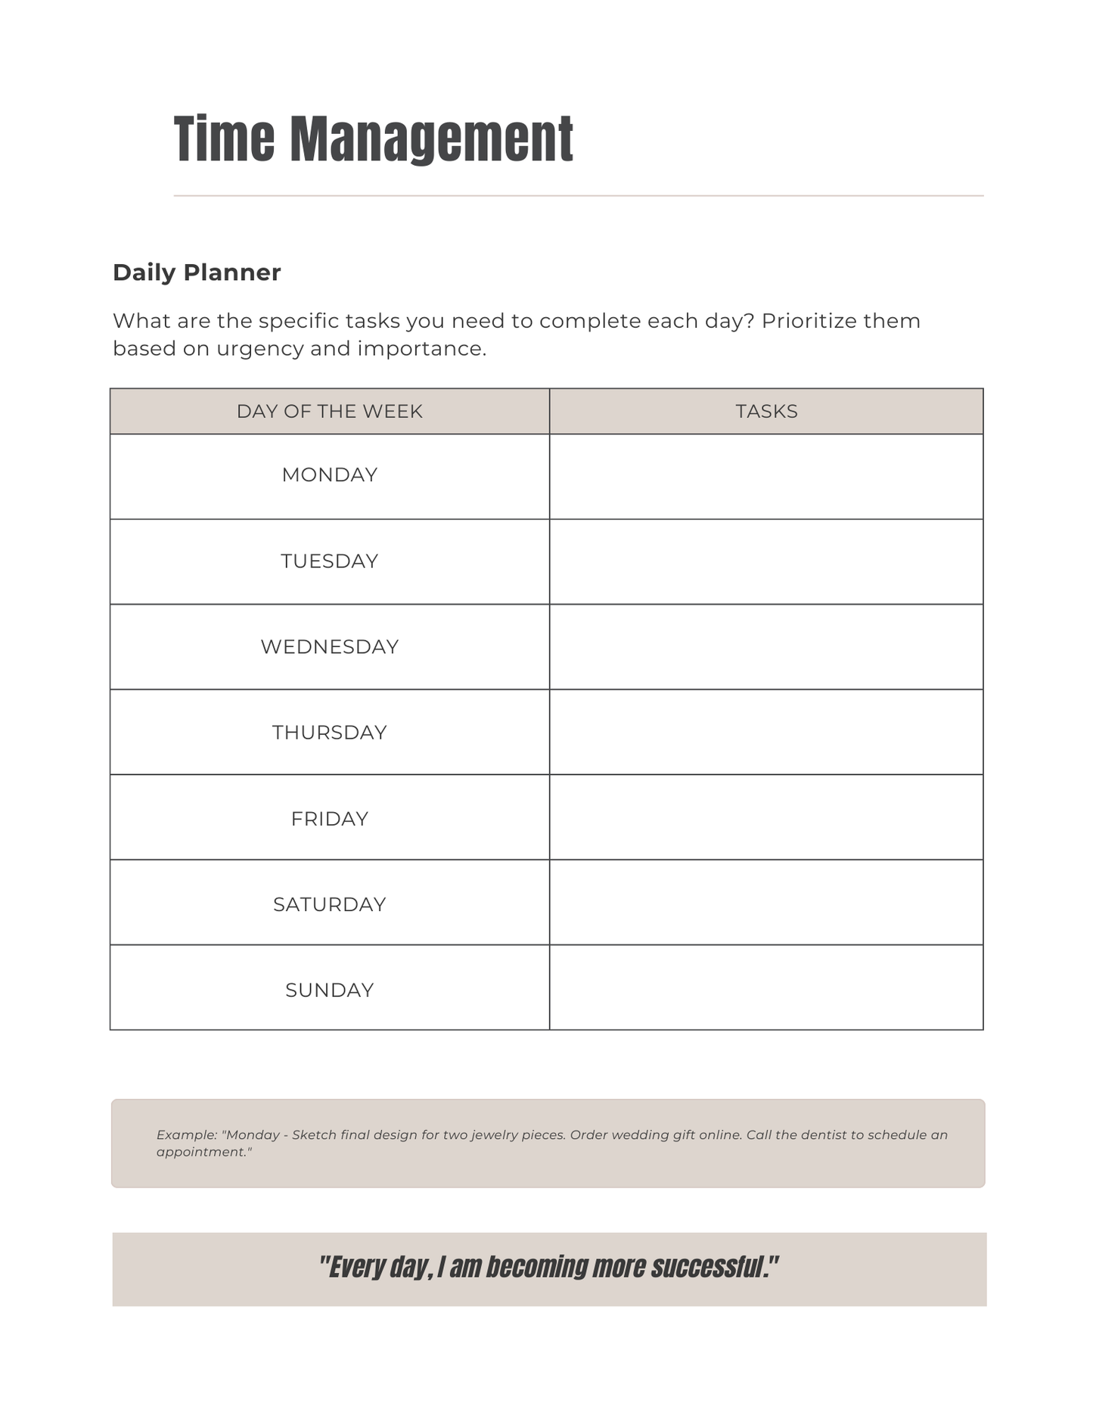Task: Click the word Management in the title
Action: [431, 140]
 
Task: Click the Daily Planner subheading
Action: [197, 272]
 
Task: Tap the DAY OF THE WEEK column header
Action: [329, 412]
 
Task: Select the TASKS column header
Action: [766, 412]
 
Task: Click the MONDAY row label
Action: [329, 475]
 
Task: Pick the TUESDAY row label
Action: [329, 562]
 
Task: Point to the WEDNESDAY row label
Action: [329, 647]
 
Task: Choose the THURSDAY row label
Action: [329, 733]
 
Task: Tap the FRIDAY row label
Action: [329, 819]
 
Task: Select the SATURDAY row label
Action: [329, 904]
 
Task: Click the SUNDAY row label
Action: [329, 990]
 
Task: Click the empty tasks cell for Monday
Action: [766, 477]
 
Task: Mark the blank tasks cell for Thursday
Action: [766, 732]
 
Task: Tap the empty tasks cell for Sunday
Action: [766, 988]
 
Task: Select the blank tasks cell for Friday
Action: [766, 817]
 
